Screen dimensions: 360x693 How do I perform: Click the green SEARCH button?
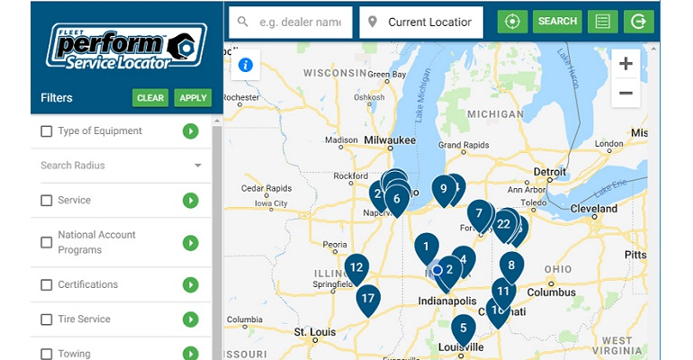coord(557,22)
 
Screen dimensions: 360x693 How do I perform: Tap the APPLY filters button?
coord(193,98)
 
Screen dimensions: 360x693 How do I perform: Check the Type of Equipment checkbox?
coord(47,131)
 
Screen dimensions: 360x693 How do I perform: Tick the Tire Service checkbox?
coord(47,319)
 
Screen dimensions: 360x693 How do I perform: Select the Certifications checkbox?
coord(47,285)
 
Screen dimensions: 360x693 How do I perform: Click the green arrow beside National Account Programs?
coord(190,243)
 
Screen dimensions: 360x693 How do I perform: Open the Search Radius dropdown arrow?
coord(197,166)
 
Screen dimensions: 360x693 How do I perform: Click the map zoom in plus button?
coord(625,64)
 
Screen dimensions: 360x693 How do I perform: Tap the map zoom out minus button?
coord(625,93)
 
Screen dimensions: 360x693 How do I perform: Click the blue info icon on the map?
coord(245,65)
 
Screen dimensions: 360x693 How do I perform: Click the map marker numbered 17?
coord(367,299)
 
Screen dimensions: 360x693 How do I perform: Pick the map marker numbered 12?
coord(356,267)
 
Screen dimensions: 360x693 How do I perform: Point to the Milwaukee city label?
coord(390,140)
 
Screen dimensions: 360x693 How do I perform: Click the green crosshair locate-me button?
coord(513,22)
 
